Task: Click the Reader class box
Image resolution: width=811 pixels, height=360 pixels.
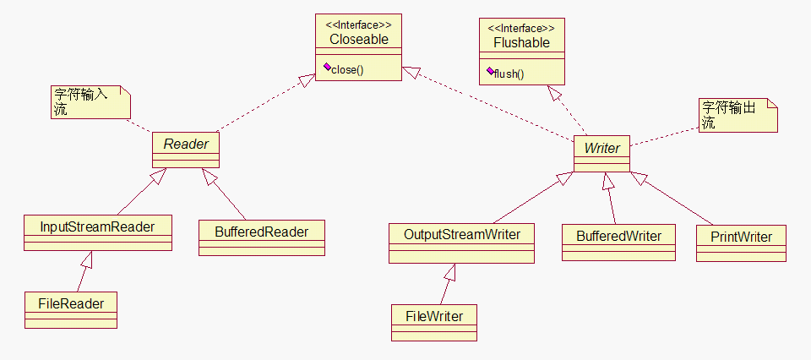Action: pyautogui.click(x=186, y=150)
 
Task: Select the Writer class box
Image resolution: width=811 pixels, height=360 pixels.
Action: pyautogui.click(x=602, y=154)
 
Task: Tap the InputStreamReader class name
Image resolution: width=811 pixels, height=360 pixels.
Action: pyautogui.click(x=98, y=226)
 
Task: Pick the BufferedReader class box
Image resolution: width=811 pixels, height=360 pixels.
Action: pyautogui.click(x=262, y=238)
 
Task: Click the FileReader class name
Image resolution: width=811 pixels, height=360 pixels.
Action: pyautogui.click(x=71, y=303)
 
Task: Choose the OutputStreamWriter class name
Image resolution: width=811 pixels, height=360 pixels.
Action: pyautogui.click(x=462, y=235)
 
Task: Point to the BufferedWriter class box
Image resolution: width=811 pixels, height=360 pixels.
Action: pyautogui.click(x=618, y=242)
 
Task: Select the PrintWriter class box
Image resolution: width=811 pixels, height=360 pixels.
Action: pyautogui.click(x=741, y=243)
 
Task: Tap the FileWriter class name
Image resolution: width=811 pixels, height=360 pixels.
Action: pyautogui.click(x=434, y=315)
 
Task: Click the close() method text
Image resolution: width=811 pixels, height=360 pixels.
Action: pyautogui.click(x=347, y=70)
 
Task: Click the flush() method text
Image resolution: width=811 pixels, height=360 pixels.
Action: pyautogui.click(x=509, y=74)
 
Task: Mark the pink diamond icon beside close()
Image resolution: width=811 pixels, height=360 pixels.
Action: pyautogui.click(x=327, y=67)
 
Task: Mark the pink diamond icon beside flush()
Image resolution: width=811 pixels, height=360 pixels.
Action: pyautogui.click(x=490, y=71)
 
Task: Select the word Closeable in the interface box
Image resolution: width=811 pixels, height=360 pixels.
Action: pyautogui.click(x=358, y=39)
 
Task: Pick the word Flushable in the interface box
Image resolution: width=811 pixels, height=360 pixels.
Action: pyautogui.click(x=521, y=43)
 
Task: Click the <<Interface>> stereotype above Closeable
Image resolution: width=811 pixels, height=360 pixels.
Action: pyautogui.click(x=358, y=25)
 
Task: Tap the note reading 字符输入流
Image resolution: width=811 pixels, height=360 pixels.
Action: pyautogui.click(x=90, y=102)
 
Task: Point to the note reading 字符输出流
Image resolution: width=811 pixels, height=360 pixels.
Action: pyautogui.click(x=738, y=115)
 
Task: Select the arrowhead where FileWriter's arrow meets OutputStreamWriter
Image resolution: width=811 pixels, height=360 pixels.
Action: pyautogui.click(x=451, y=272)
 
